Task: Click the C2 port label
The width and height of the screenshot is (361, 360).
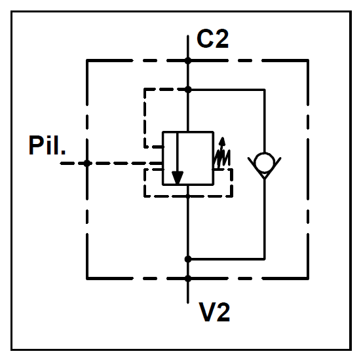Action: click(212, 39)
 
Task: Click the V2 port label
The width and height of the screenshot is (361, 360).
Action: click(214, 312)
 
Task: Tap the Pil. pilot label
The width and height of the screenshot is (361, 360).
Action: click(47, 145)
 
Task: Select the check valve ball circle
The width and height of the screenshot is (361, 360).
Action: click(265, 162)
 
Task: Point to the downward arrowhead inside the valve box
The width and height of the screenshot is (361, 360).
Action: click(178, 177)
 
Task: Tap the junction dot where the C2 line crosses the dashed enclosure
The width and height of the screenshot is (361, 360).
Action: click(188, 61)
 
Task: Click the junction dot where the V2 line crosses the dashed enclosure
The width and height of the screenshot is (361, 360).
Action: click(188, 279)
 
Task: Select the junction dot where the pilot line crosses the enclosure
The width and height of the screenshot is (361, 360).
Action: click(87, 164)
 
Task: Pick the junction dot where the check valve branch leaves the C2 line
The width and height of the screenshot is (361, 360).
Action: click(188, 90)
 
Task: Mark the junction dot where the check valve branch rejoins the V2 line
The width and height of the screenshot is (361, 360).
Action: click(188, 259)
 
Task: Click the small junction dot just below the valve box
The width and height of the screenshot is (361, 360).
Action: click(188, 196)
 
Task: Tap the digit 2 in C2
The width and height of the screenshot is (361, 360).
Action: click(221, 39)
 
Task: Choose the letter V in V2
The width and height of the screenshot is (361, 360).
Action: click(206, 312)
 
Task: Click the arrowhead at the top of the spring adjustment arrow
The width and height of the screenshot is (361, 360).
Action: click(222, 141)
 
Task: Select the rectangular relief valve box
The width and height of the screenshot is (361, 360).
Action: click(188, 158)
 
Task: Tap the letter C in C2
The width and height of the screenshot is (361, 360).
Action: click(204, 39)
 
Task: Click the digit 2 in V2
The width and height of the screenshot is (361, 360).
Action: click(223, 312)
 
